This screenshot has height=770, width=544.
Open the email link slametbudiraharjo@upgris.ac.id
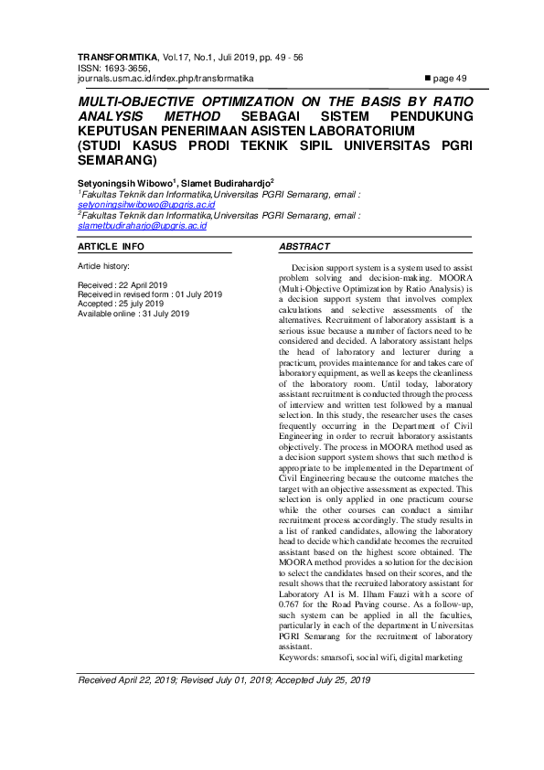tap(142, 225)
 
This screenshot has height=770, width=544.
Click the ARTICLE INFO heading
tap(111, 247)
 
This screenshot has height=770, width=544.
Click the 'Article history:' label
tap(104, 265)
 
